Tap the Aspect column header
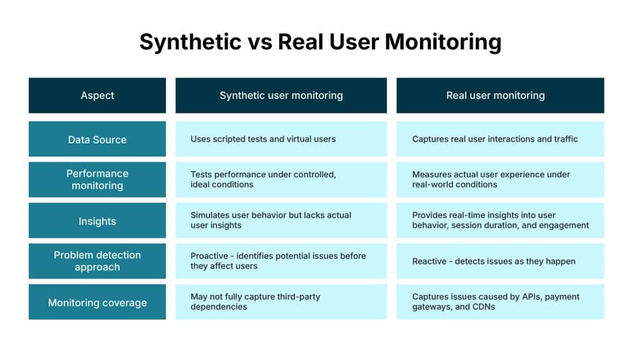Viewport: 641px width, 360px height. pyautogui.click(x=97, y=96)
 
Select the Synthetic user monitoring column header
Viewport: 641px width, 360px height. pyautogui.click(x=281, y=96)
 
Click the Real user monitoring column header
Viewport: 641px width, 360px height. pyautogui.click(x=495, y=96)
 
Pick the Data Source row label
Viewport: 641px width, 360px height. pyautogui.click(x=97, y=140)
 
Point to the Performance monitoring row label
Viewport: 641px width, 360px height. pyautogui.click(x=97, y=180)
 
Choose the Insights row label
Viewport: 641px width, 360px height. pyautogui.click(x=97, y=221)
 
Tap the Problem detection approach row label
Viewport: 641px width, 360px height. pyautogui.click(x=97, y=261)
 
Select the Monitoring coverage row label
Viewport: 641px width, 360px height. pyautogui.click(x=97, y=302)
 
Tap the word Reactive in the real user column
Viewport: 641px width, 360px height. pyautogui.click(x=429, y=261)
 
